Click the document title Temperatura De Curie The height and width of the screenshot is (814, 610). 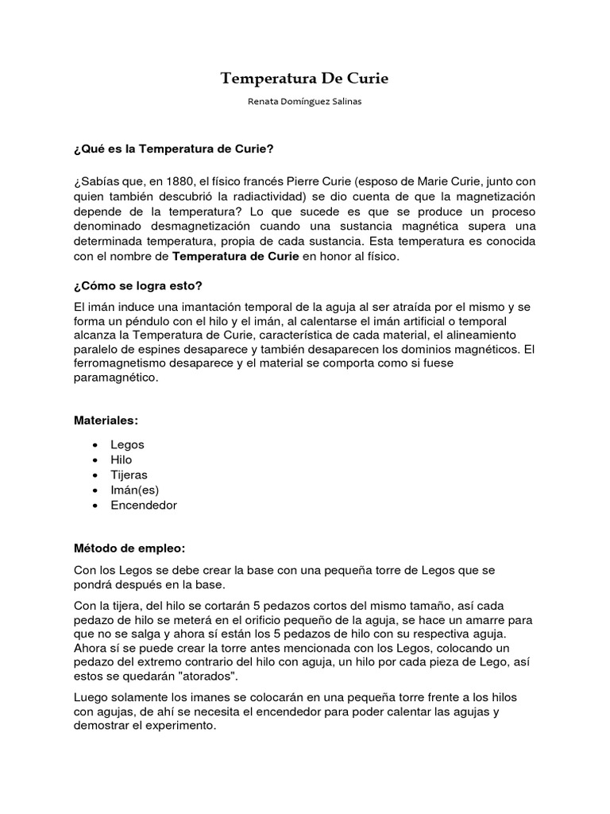[304, 78]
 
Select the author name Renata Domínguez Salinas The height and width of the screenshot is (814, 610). [304, 103]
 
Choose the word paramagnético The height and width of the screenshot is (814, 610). [116, 378]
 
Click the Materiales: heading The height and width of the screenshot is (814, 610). [106, 420]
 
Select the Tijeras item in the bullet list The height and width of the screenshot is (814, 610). [129, 475]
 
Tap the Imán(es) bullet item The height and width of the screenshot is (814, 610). [135, 490]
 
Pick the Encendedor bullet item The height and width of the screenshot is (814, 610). [145, 505]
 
